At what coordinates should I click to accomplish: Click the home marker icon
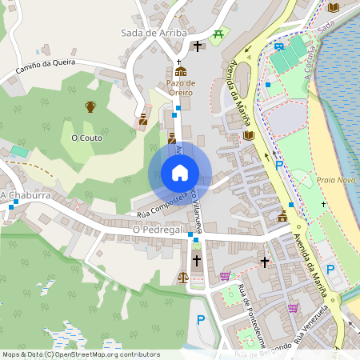(180, 173)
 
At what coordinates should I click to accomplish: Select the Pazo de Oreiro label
(180, 83)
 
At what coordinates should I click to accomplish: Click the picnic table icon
(218, 34)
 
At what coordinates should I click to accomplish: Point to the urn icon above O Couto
(90, 106)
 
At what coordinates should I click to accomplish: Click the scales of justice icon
(183, 278)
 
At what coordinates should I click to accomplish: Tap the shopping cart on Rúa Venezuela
(293, 307)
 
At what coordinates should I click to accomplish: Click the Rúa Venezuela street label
(310, 324)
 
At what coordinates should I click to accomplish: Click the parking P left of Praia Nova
(279, 166)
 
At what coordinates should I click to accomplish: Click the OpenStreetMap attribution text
(81, 354)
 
